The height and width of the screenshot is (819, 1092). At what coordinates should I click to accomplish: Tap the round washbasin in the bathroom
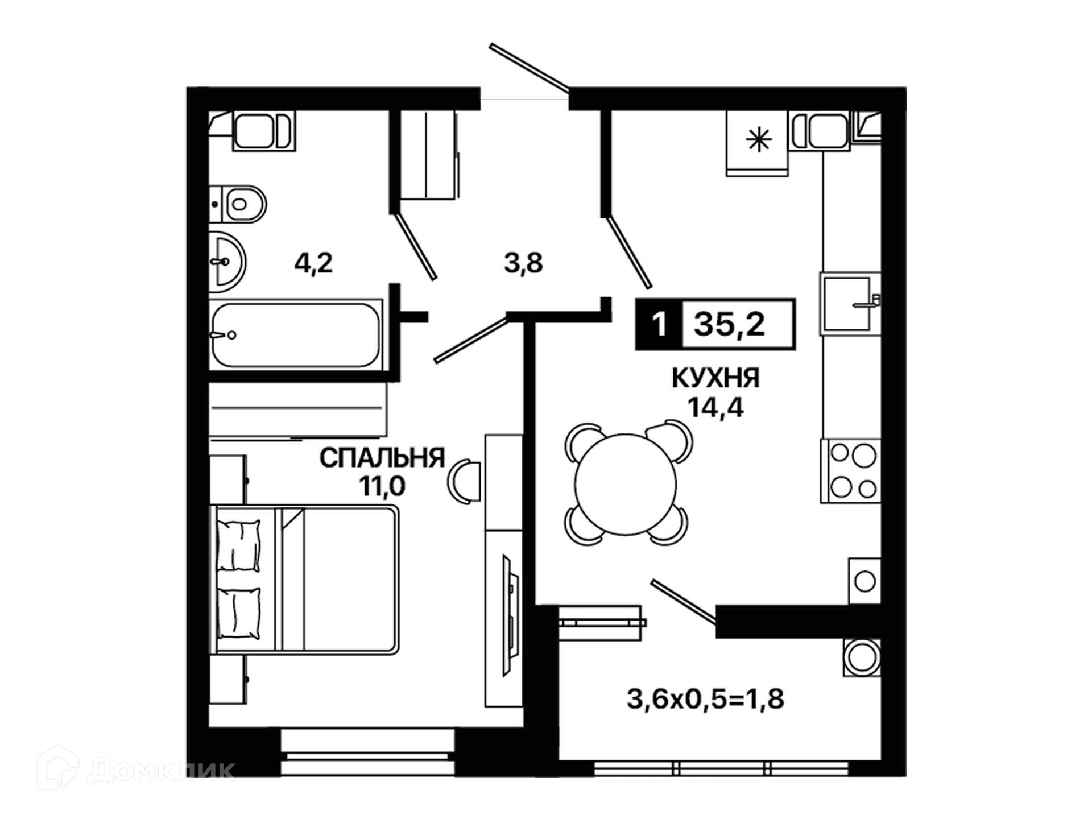[x=227, y=262]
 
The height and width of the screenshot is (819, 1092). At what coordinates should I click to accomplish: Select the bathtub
[x=296, y=334]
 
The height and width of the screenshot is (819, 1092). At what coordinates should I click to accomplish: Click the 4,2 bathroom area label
[x=313, y=263]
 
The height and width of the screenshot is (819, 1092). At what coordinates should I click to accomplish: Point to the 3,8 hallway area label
[x=523, y=263]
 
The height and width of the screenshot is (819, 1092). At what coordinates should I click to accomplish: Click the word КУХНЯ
[x=715, y=378]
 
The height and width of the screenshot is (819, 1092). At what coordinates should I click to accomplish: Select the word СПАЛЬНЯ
[x=382, y=458]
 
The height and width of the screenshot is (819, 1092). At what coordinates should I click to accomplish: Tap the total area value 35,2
[x=730, y=324]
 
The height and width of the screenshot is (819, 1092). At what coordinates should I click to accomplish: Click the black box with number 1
[x=659, y=324]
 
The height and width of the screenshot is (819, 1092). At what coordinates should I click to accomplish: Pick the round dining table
[x=626, y=484]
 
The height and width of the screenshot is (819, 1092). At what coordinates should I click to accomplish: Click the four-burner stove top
[x=850, y=471]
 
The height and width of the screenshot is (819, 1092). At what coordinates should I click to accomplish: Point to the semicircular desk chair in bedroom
[x=465, y=481]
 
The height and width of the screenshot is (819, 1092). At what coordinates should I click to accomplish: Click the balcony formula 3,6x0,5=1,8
[x=705, y=699]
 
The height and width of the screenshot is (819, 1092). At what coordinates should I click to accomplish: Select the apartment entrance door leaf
[x=529, y=67]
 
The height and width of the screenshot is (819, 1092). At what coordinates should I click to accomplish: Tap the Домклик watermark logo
[x=136, y=770]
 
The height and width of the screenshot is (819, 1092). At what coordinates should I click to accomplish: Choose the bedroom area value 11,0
[x=382, y=486]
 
